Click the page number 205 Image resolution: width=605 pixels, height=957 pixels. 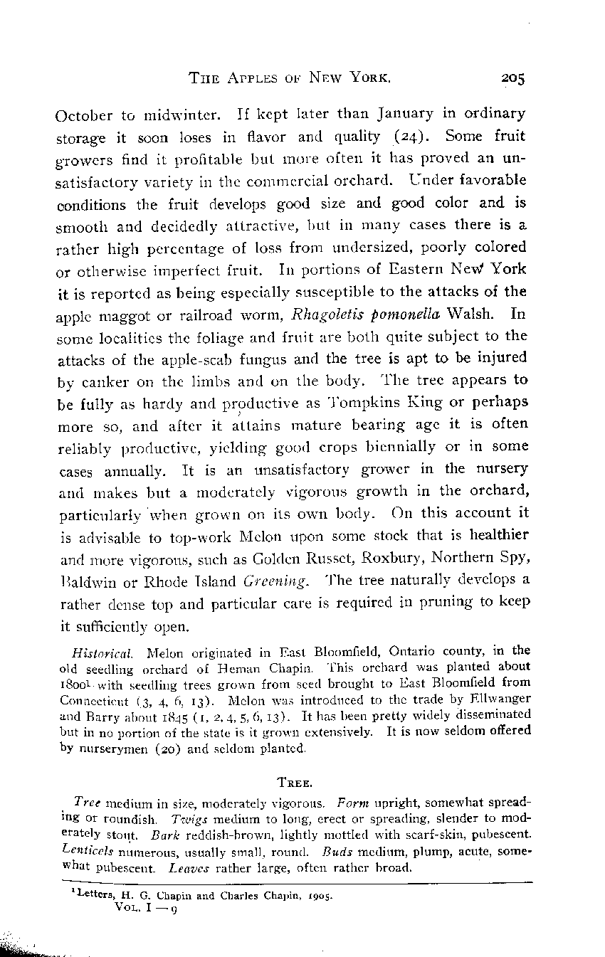(x=511, y=79)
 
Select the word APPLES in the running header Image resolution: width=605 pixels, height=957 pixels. (x=248, y=79)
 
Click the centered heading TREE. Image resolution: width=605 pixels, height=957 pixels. (x=293, y=783)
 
